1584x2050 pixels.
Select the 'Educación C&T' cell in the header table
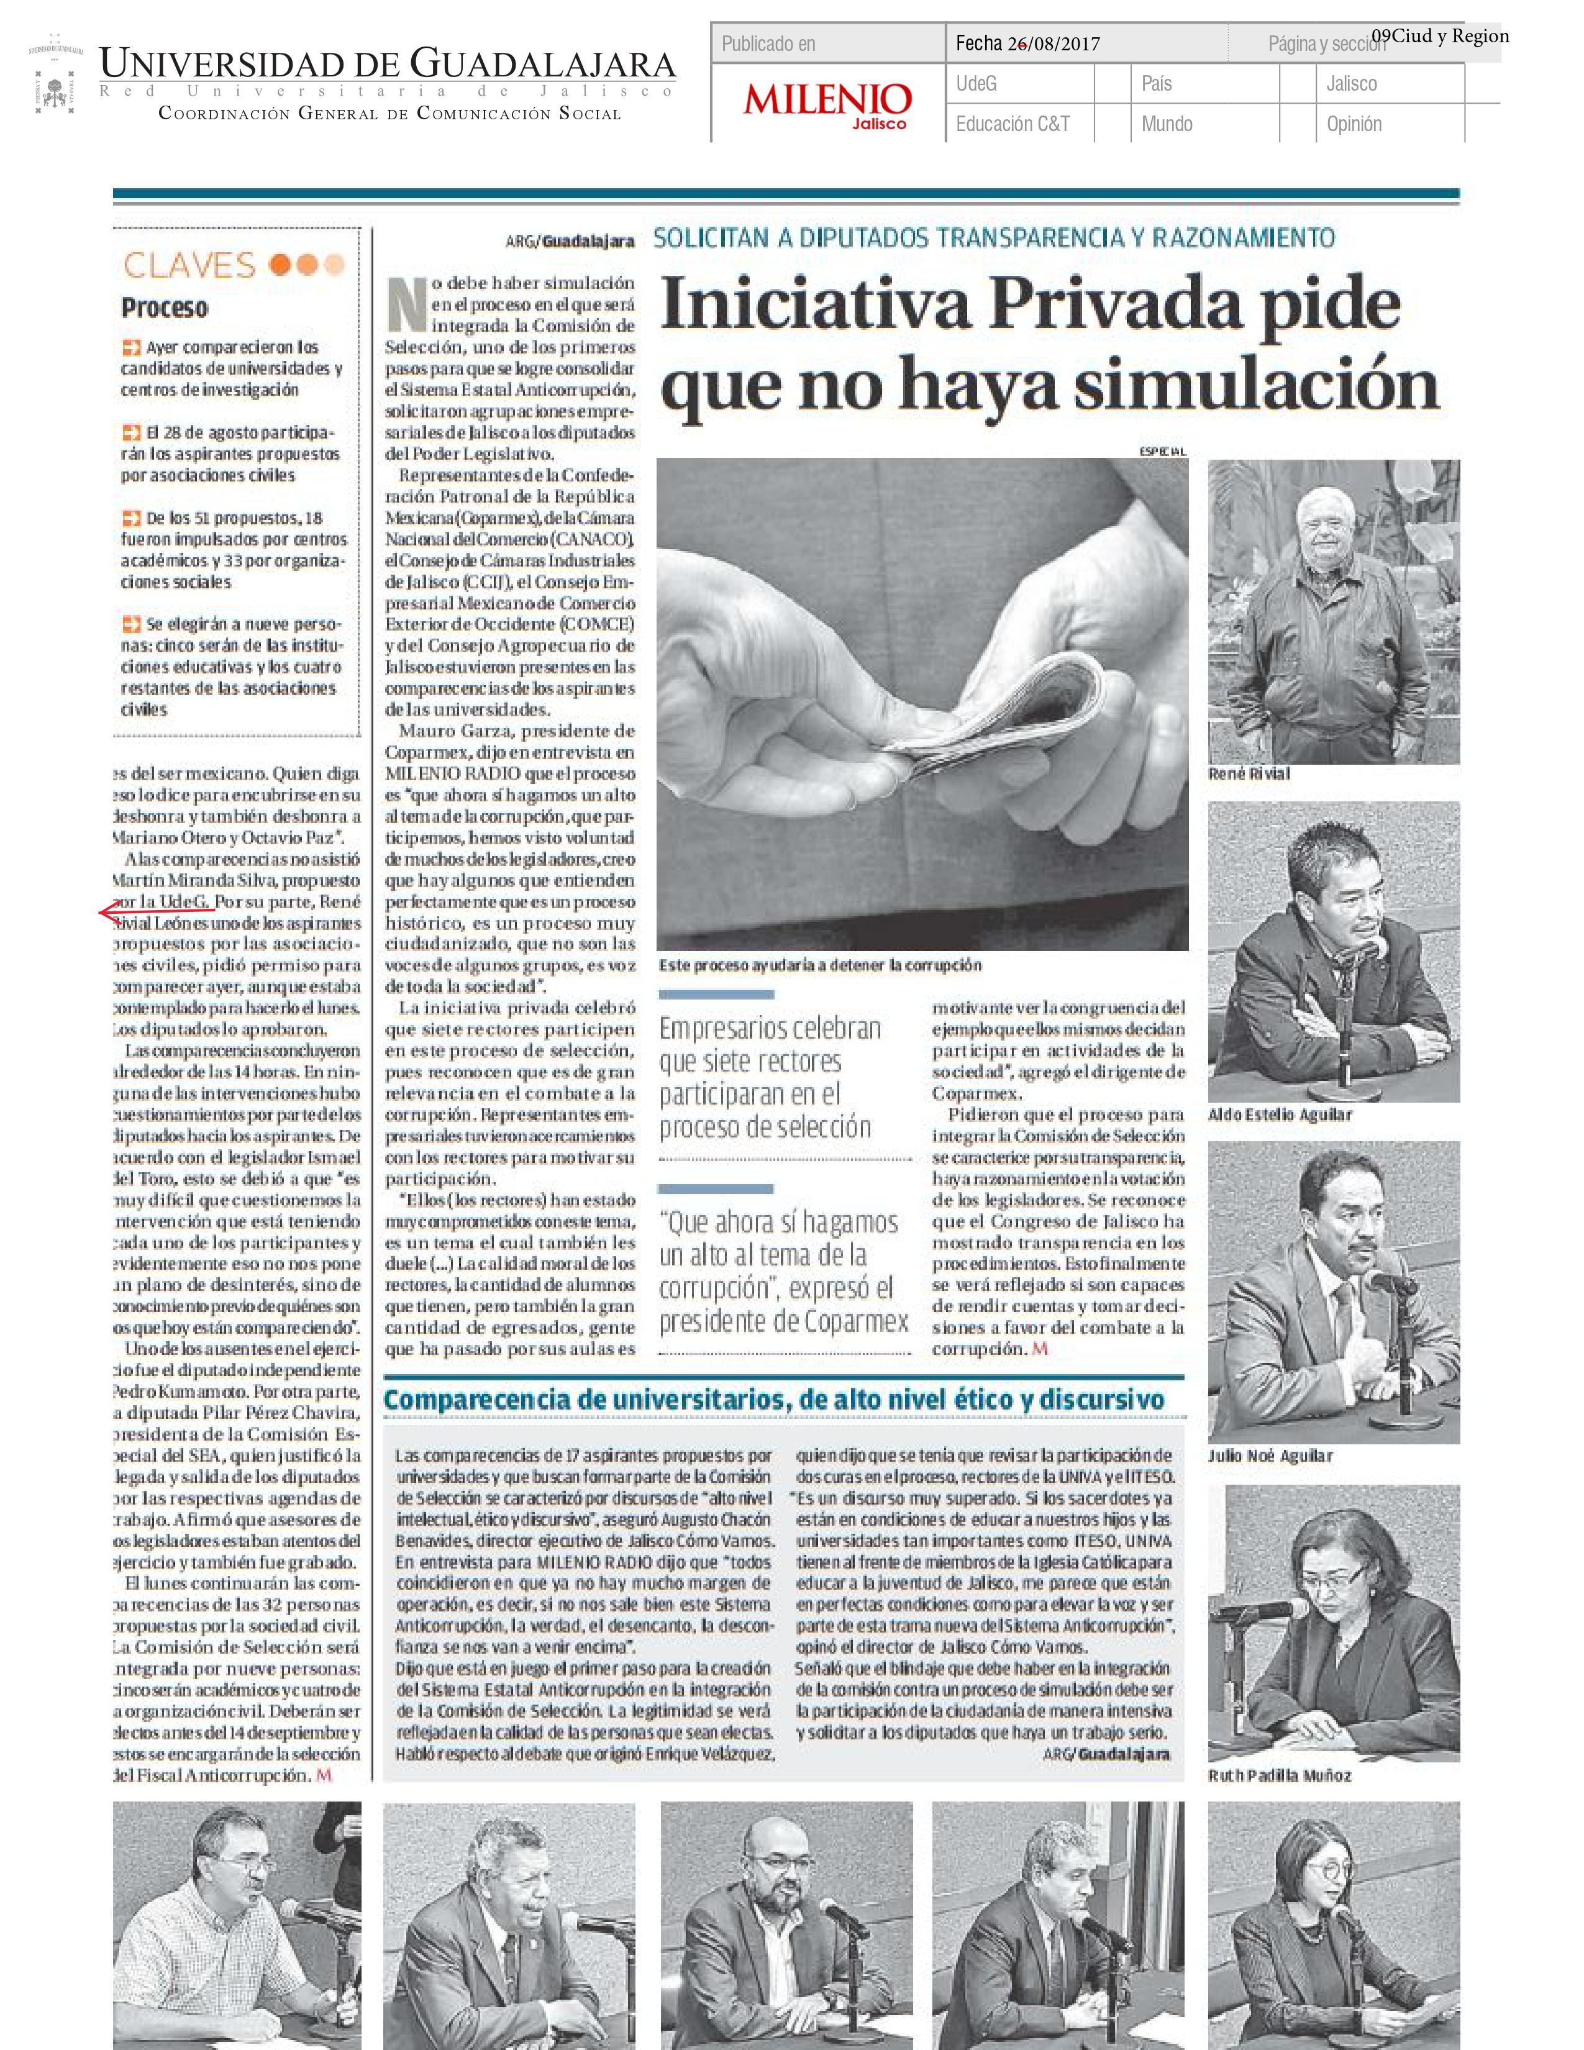pos(1013,124)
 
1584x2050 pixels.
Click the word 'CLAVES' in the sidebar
pos(189,266)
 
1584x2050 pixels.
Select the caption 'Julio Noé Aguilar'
pos(1270,1456)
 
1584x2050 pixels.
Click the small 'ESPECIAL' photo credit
pos(1163,452)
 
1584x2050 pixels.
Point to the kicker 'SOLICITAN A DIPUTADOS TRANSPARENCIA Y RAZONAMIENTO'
pos(994,237)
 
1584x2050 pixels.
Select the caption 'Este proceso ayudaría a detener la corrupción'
pos(819,965)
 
